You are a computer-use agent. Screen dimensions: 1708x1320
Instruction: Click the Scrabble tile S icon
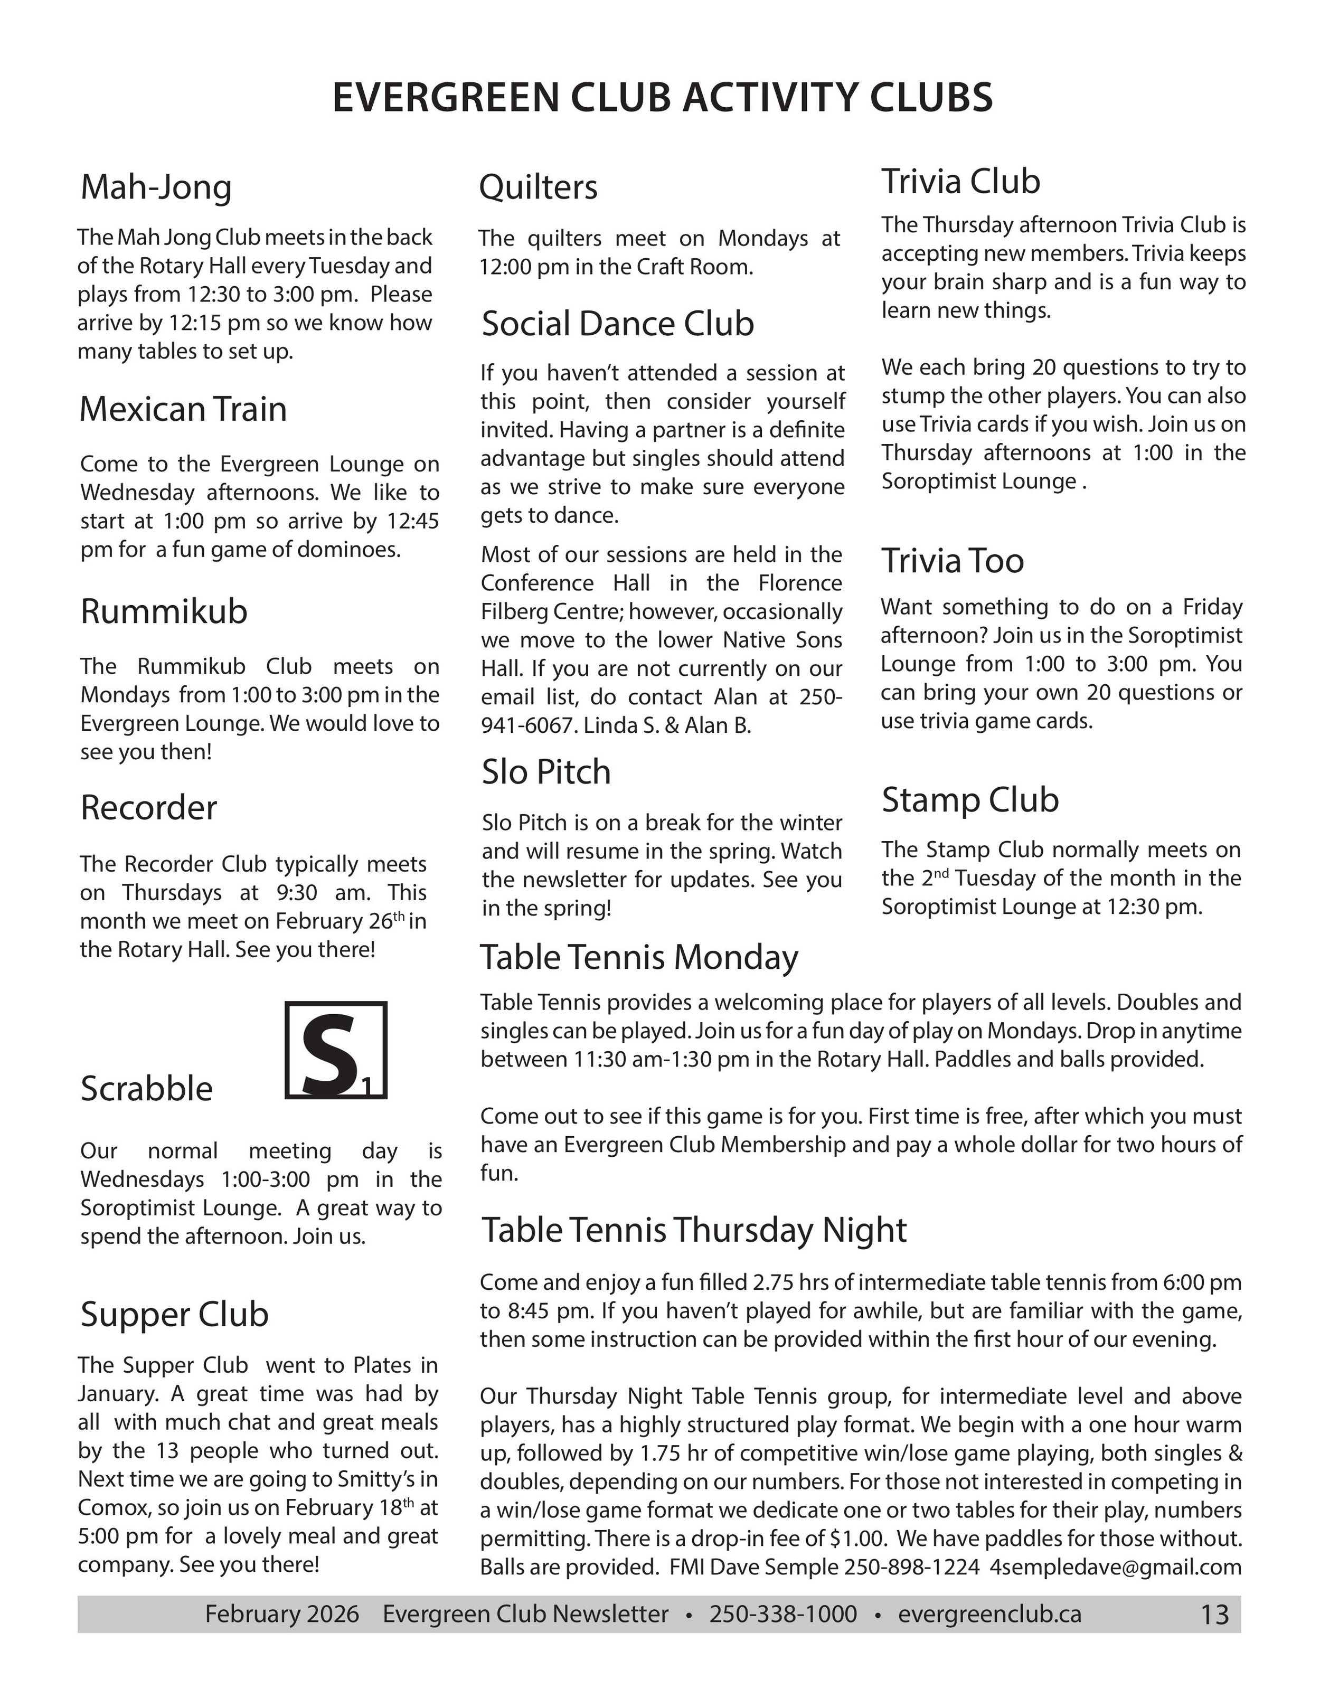(x=335, y=1050)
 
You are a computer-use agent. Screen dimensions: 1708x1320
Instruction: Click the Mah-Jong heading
(x=156, y=187)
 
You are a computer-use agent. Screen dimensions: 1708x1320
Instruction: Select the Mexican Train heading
(x=183, y=409)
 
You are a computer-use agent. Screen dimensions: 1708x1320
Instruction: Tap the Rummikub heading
(x=164, y=611)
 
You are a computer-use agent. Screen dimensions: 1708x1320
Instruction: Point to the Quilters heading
(x=538, y=187)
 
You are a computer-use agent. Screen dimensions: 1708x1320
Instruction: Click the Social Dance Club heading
(x=618, y=324)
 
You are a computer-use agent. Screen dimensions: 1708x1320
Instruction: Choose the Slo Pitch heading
(x=546, y=772)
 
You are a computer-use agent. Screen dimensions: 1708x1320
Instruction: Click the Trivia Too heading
(x=953, y=561)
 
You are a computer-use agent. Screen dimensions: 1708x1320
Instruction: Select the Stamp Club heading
(x=969, y=800)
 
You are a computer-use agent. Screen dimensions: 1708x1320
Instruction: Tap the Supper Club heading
(x=174, y=1314)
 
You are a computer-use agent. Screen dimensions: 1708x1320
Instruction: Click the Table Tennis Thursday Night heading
(x=694, y=1229)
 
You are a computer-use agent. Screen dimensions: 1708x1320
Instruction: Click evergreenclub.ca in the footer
(x=989, y=1614)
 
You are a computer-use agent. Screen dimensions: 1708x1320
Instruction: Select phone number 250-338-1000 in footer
(x=783, y=1614)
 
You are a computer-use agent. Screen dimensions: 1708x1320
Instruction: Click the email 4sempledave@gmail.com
(x=1115, y=1567)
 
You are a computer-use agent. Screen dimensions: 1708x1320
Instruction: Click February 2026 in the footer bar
(x=281, y=1614)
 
